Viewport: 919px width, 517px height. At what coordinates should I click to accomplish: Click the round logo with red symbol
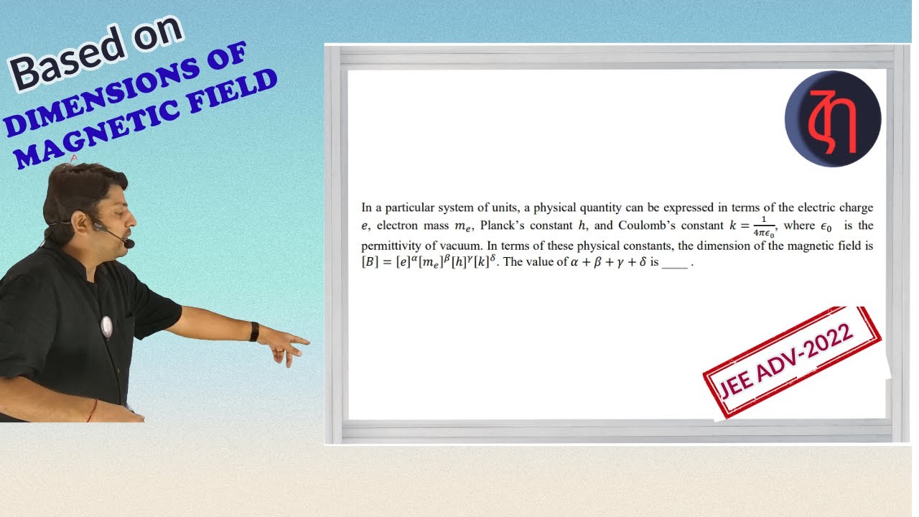[833, 119]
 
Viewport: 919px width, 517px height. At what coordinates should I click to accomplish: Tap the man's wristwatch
[254, 331]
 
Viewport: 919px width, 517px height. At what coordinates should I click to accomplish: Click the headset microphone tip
[129, 243]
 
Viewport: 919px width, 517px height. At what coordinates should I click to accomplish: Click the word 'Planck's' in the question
[503, 226]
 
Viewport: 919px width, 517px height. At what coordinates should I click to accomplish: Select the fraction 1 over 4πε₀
[763, 226]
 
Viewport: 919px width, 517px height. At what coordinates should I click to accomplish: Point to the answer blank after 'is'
[674, 264]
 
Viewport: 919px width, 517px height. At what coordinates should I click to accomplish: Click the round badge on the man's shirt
[106, 327]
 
